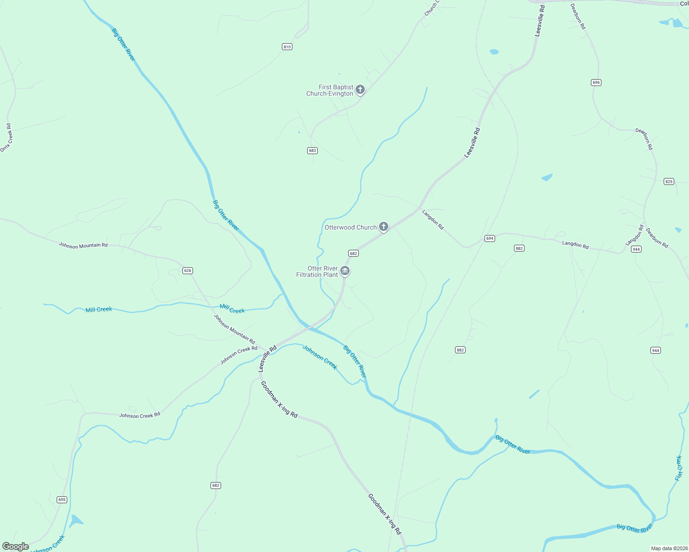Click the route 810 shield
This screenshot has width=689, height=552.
tap(287, 47)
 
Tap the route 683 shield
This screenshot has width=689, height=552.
tap(312, 150)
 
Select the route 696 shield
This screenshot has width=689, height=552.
tap(596, 82)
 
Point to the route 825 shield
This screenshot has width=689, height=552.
tap(669, 182)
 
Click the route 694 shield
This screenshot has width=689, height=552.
tap(490, 238)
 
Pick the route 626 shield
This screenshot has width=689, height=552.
tap(187, 270)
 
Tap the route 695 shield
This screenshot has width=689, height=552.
tap(62, 500)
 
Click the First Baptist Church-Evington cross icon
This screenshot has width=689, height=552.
tap(360, 89)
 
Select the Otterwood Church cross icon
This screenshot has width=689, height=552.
tap(383, 226)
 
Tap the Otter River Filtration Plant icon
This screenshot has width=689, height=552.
tap(345, 271)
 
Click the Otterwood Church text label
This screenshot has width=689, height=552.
tap(350, 227)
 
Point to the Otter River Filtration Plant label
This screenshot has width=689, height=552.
tap(317, 271)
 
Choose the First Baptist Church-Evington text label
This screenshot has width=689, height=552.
tap(330, 90)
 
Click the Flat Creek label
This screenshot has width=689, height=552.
tap(678, 468)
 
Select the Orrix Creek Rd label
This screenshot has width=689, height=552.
tap(6, 138)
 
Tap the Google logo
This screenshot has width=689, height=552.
tap(16, 546)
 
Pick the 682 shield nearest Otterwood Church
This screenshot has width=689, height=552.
tap(353, 253)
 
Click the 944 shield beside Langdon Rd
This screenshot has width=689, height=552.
tap(636, 249)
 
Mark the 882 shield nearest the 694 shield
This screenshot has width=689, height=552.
tap(519, 248)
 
